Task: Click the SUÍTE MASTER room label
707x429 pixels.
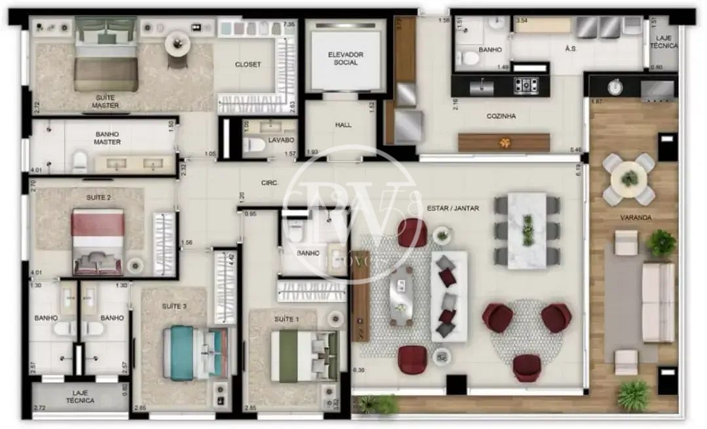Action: point(105,101)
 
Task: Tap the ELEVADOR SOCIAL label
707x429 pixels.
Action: point(346,58)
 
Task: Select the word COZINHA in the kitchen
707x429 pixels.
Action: point(501,116)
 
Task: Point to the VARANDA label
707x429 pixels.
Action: point(636,217)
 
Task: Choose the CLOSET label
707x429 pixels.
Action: point(248,64)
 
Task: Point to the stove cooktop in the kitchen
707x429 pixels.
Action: point(525,84)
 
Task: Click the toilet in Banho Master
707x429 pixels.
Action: point(80,161)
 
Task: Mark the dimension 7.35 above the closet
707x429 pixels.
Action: point(289,25)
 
